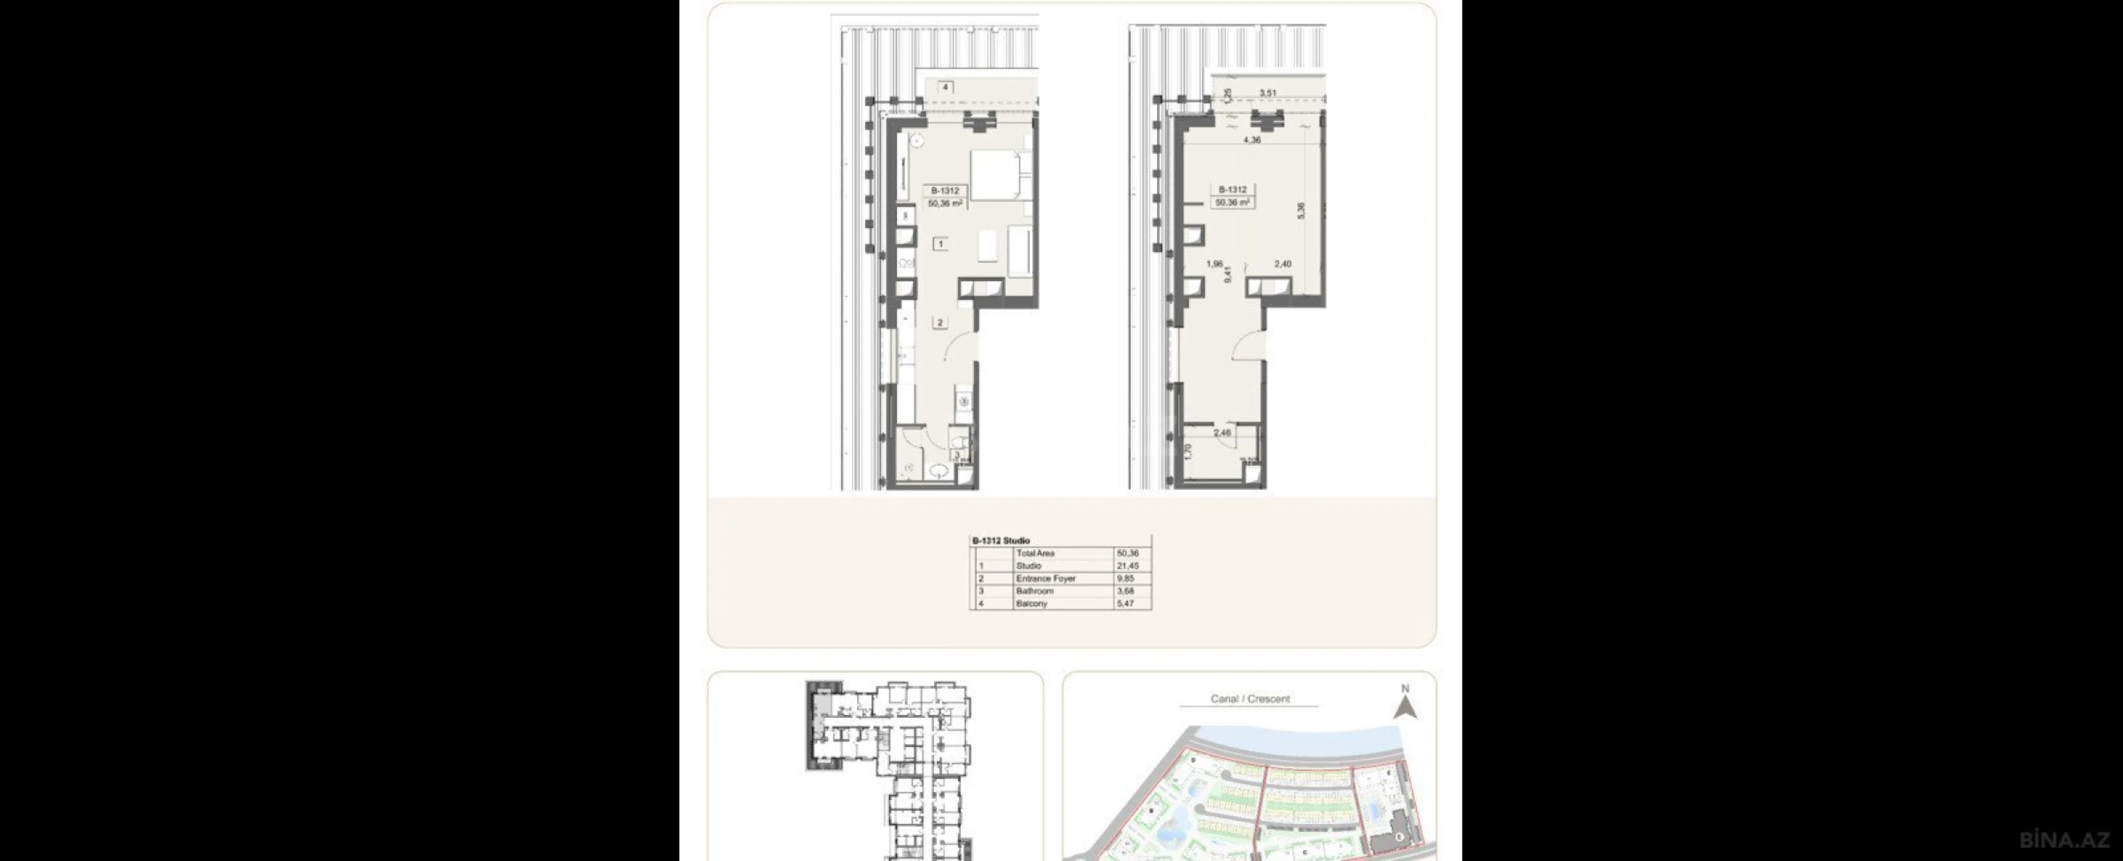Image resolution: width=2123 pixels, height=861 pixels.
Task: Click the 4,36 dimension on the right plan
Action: [x=1252, y=140]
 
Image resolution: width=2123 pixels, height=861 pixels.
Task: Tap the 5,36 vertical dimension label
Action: [x=1300, y=211]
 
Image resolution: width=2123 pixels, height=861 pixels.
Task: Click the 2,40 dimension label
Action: [x=1283, y=264]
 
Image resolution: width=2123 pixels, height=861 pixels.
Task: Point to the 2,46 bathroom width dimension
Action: [x=1222, y=433]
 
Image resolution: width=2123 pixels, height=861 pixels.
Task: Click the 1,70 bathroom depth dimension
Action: [x=1188, y=451]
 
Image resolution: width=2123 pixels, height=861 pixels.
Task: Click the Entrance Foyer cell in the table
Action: [x=1046, y=578]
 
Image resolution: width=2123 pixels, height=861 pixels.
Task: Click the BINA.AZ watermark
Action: [x=2064, y=839]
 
